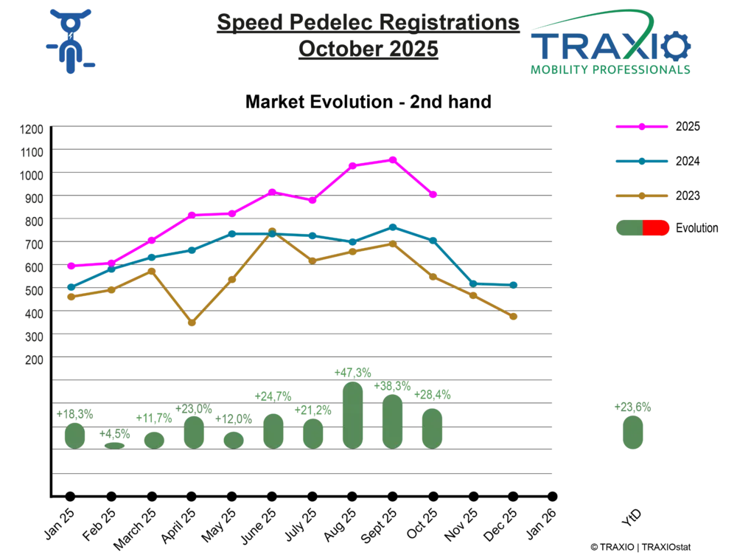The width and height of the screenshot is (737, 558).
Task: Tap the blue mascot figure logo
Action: [69, 41]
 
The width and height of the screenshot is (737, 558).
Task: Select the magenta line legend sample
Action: [642, 127]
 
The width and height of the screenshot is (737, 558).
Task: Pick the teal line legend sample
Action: [642, 161]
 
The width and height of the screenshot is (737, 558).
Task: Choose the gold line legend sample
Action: [642, 196]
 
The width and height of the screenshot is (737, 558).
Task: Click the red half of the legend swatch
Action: [657, 227]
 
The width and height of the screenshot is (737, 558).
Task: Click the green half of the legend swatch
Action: [628, 227]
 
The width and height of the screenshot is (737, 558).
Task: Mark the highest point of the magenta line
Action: [393, 159]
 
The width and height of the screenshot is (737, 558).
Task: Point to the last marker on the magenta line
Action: [433, 195]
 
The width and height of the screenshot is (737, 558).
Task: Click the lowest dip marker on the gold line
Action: [192, 323]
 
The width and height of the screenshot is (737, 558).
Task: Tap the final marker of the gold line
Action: [514, 317]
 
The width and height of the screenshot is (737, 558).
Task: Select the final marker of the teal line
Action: [514, 284]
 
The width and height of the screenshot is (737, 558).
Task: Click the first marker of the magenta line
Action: [71, 266]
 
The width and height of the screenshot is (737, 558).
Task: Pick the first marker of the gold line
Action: [71, 297]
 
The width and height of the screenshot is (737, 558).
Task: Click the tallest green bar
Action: [353, 413]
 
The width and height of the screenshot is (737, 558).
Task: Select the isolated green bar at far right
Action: [631, 432]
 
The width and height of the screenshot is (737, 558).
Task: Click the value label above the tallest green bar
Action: [352, 371]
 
